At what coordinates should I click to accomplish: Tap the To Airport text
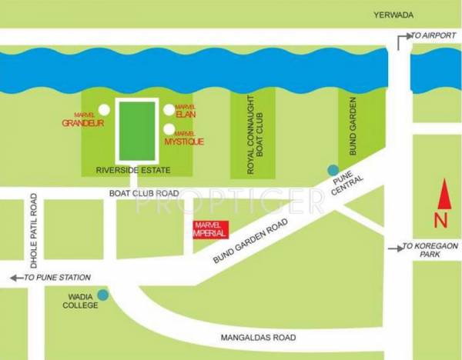point(430,35)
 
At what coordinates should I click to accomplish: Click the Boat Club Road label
point(144,193)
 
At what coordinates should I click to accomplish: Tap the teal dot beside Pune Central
point(333,170)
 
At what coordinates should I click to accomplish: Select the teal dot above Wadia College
point(103,292)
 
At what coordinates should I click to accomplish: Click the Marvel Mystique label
point(185,139)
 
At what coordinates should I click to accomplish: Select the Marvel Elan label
point(186,113)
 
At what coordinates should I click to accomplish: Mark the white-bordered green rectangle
point(136,127)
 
